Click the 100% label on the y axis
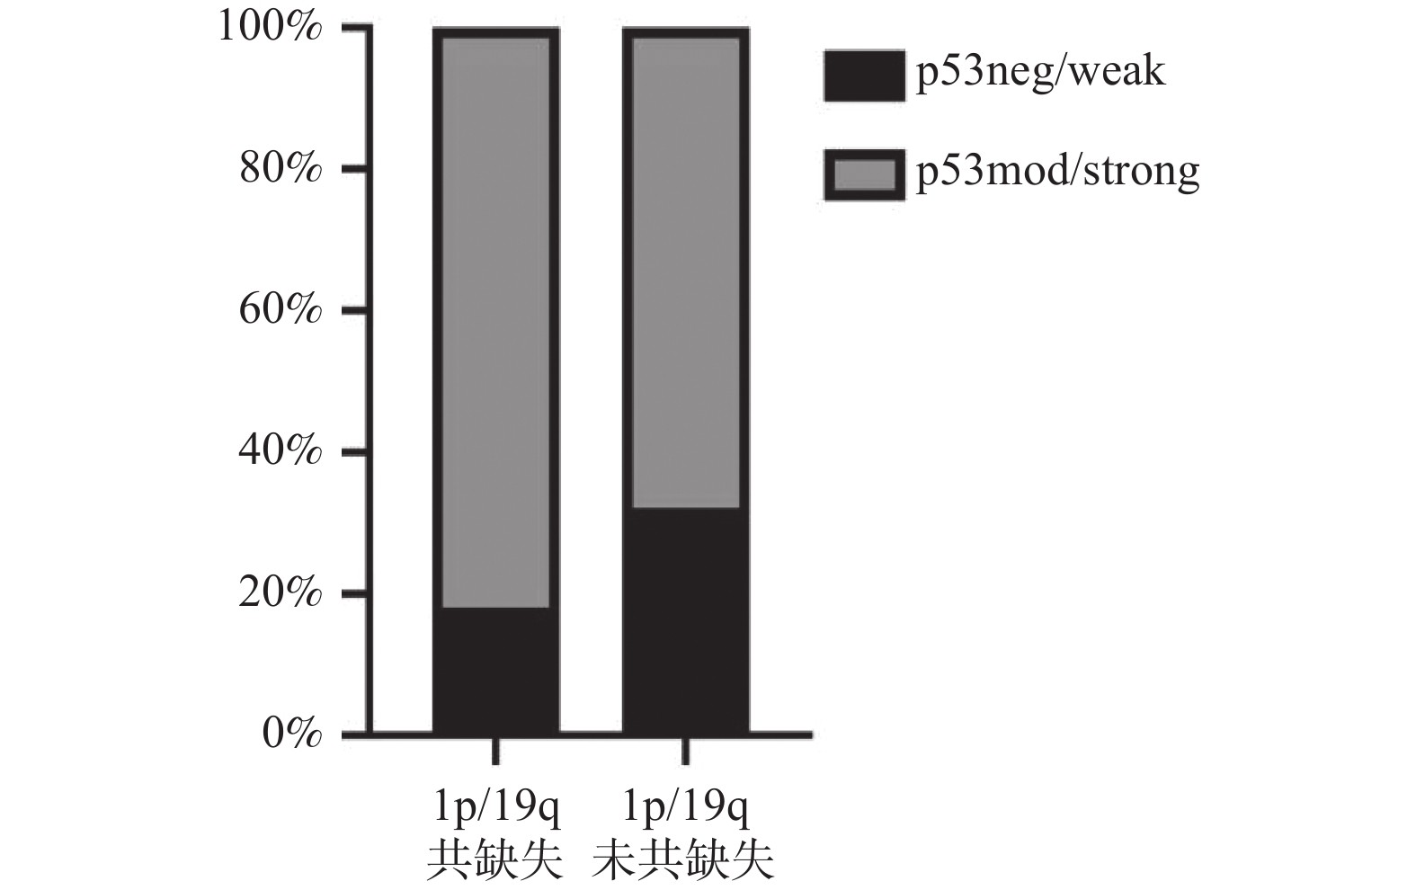tap(270, 27)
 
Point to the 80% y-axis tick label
tap(280, 168)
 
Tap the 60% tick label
tap(280, 309)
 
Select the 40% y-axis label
tap(280, 450)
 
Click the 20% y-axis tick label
tap(280, 592)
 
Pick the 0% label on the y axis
tap(291, 734)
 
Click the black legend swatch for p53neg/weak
tap(863, 76)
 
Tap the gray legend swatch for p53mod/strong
tap(863, 174)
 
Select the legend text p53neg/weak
tap(1039, 72)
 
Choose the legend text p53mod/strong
tap(1057, 171)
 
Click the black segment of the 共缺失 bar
tap(495, 670)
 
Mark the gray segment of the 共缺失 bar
tap(495, 322)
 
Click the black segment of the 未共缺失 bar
tap(685, 620)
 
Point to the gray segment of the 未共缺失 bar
tap(685, 271)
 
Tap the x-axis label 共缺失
tap(494, 859)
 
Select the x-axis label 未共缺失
tap(683, 859)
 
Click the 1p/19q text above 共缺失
tap(495, 809)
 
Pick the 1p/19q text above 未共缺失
tap(685, 809)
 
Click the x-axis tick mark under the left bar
tap(495, 751)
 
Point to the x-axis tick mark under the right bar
tap(685, 751)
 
